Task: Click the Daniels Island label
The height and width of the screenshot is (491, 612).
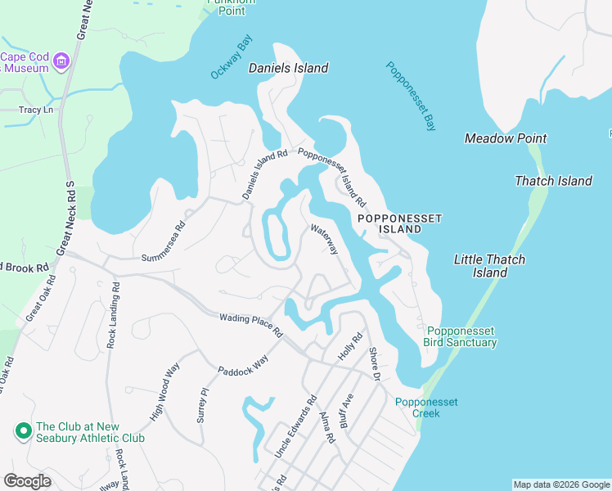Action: click(x=289, y=68)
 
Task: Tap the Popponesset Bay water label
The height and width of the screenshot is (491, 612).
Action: click(x=412, y=97)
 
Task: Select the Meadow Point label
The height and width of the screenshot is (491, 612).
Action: click(x=506, y=138)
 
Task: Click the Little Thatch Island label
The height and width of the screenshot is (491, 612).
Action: click(x=489, y=265)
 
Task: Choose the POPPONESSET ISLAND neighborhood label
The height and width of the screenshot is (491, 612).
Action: click(x=400, y=223)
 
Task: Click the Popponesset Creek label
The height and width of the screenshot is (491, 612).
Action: click(x=426, y=408)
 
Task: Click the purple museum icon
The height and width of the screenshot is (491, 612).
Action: click(x=61, y=61)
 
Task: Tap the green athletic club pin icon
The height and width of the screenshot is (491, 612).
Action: click(x=22, y=429)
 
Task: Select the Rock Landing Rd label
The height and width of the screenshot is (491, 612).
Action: click(x=114, y=315)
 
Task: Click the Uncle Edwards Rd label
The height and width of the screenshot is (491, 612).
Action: click(x=295, y=428)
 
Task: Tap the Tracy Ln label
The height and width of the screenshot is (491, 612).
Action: click(x=36, y=110)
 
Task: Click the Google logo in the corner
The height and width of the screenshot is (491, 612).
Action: click(x=27, y=481)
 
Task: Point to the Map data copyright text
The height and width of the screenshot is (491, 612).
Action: click(x=560, y=484)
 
